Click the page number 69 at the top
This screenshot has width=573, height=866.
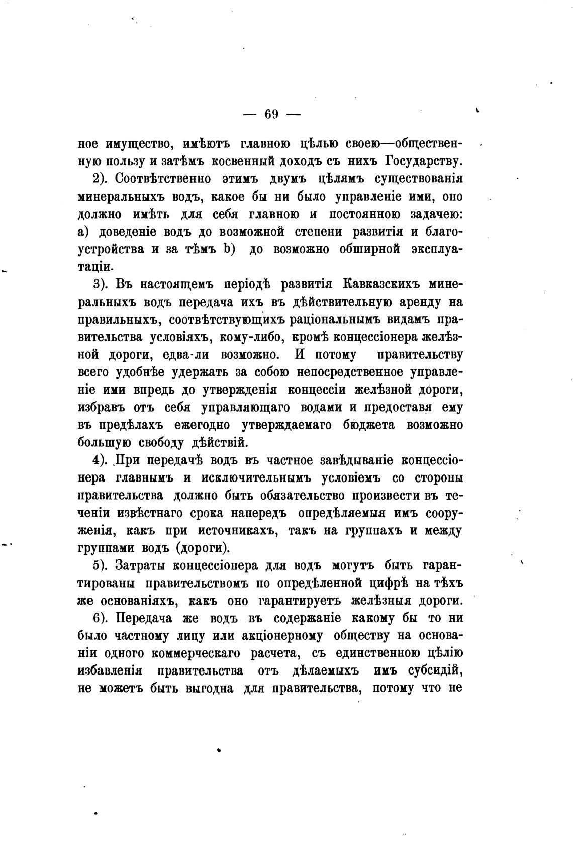tap(271, 115)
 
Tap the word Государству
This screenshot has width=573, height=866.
tap(424, 161)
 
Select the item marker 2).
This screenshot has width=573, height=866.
tap(103, 179)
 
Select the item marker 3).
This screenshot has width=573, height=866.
tap(103, 284)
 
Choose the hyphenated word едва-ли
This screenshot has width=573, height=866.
tap(188, 355)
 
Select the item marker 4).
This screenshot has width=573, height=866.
tap(103, 460)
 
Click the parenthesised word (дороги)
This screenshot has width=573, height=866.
tap(203, 548)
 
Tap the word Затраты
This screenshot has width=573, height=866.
tap(141, 565)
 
